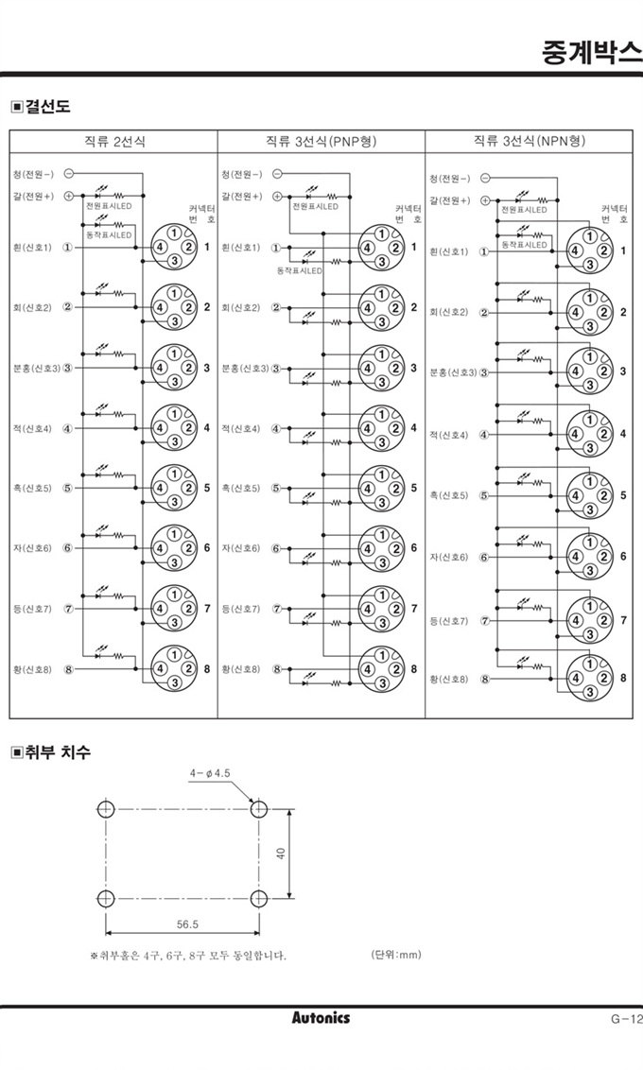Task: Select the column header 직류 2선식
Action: coord(115,141)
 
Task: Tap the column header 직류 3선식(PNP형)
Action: coord(321,141)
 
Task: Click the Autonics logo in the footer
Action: coord(321,1018)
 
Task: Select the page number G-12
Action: coord(625,1018)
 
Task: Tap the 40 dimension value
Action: coord(281,853)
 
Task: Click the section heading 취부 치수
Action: coord(57,752)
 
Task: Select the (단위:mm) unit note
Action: coord(396,955)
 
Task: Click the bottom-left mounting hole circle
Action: coord(105,896)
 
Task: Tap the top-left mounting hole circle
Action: coord(105,809)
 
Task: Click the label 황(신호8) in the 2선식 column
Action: coord(32,668)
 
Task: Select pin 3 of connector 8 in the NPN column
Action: coord(590,693)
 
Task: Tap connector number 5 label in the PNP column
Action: coord(413,489)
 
